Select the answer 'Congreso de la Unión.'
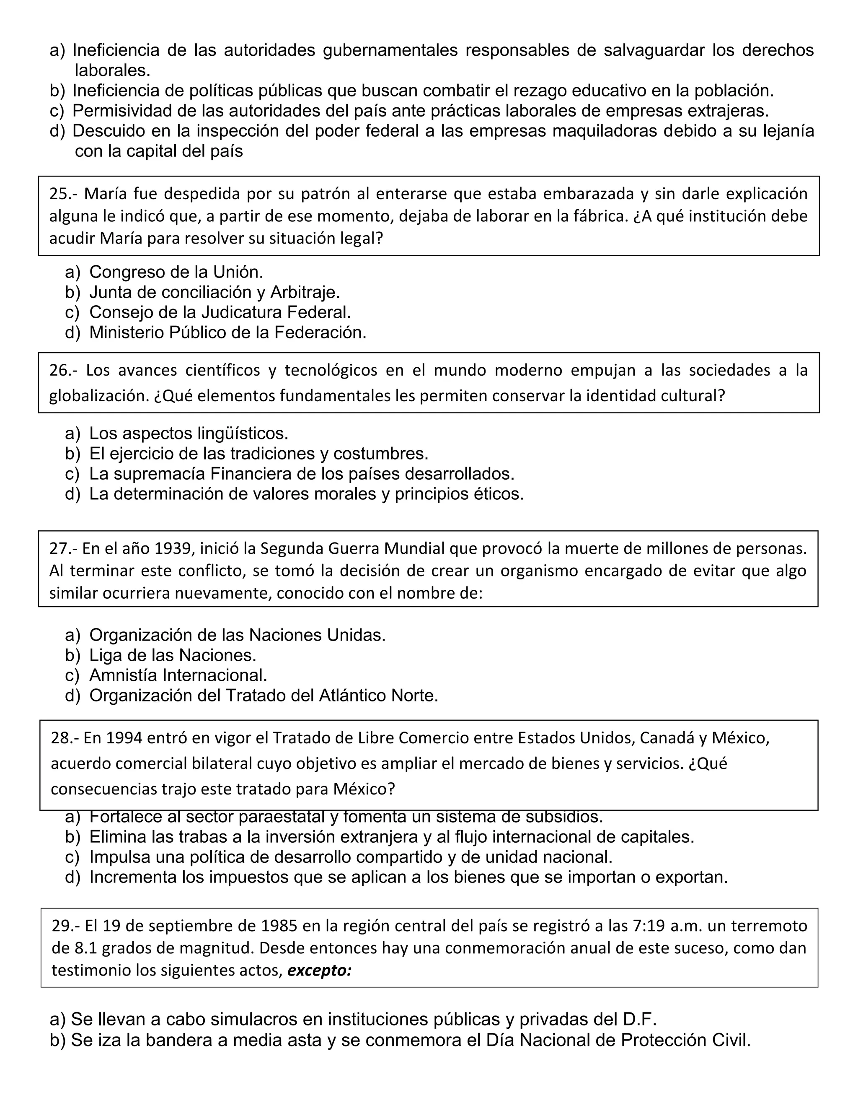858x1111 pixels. (x=176, y=272)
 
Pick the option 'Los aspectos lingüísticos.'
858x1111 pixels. (x=189, y=433)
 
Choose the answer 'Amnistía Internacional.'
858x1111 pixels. (x=178, y=675)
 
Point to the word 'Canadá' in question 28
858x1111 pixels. (x=667, y=737)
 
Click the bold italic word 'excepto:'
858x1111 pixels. (x=319, y=971)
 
